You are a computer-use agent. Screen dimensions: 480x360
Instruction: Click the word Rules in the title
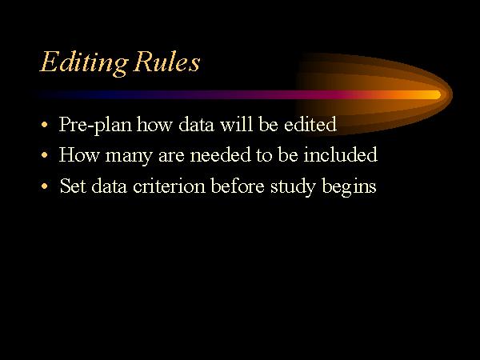(167, 62)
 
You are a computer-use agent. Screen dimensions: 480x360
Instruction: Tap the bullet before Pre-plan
(45, 125)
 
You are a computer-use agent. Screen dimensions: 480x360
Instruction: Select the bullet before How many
(45, 155)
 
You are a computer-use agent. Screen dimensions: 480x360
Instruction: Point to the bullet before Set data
(45, 186)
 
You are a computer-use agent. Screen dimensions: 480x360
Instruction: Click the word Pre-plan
(95, 125)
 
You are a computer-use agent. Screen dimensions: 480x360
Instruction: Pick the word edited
(310, 124)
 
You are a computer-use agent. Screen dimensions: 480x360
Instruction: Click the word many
(129, 156)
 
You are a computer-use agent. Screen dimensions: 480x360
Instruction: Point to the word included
(341, 154)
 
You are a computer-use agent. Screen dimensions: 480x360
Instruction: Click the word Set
(73, 186)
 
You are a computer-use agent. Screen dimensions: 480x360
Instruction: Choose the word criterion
(169, 186)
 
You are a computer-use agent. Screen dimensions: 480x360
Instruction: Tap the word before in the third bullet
(238, 186)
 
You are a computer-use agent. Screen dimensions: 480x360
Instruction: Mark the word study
(293, 186)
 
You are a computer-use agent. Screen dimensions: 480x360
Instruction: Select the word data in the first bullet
(196, 124)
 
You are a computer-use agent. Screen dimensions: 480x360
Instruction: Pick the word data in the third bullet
(110, 186)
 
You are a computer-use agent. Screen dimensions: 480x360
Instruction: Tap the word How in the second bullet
(79, 154)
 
